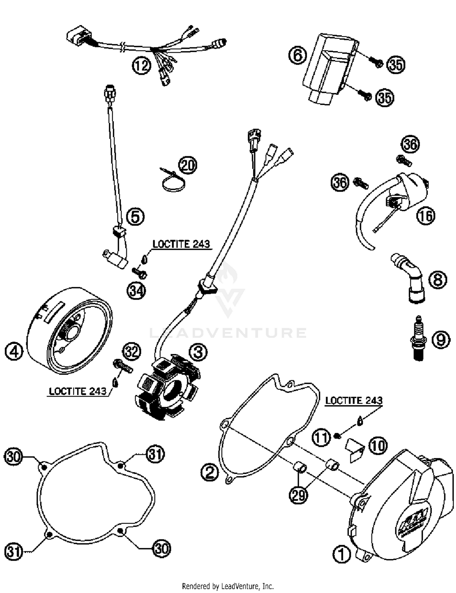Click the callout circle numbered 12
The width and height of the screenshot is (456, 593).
pyautogui.click(x=142, y=65)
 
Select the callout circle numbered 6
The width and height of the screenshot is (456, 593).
pyautogui.click(x=298, y=55)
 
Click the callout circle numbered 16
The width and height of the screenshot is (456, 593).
pyautogui.click(x=426, y=216)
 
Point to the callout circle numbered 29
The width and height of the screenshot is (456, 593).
pyautogui.click(x=298, y=495)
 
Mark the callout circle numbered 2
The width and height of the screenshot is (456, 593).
pyautogui.click(x=209, y=473)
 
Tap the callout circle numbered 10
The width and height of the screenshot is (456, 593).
pyautogui.click(x=378, y=446)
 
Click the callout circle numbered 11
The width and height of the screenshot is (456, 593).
pyautogui.click(x=321, y=438)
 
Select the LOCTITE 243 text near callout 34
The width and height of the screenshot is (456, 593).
pyautogui.click(x=181, y=244)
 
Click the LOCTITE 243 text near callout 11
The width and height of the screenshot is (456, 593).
pyautogui.click(x=354, y=400)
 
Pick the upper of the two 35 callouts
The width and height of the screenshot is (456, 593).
pyautogui.click(x=396, y=65)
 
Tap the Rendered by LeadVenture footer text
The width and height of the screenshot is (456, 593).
pyautogui.click(x=228, y=586)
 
